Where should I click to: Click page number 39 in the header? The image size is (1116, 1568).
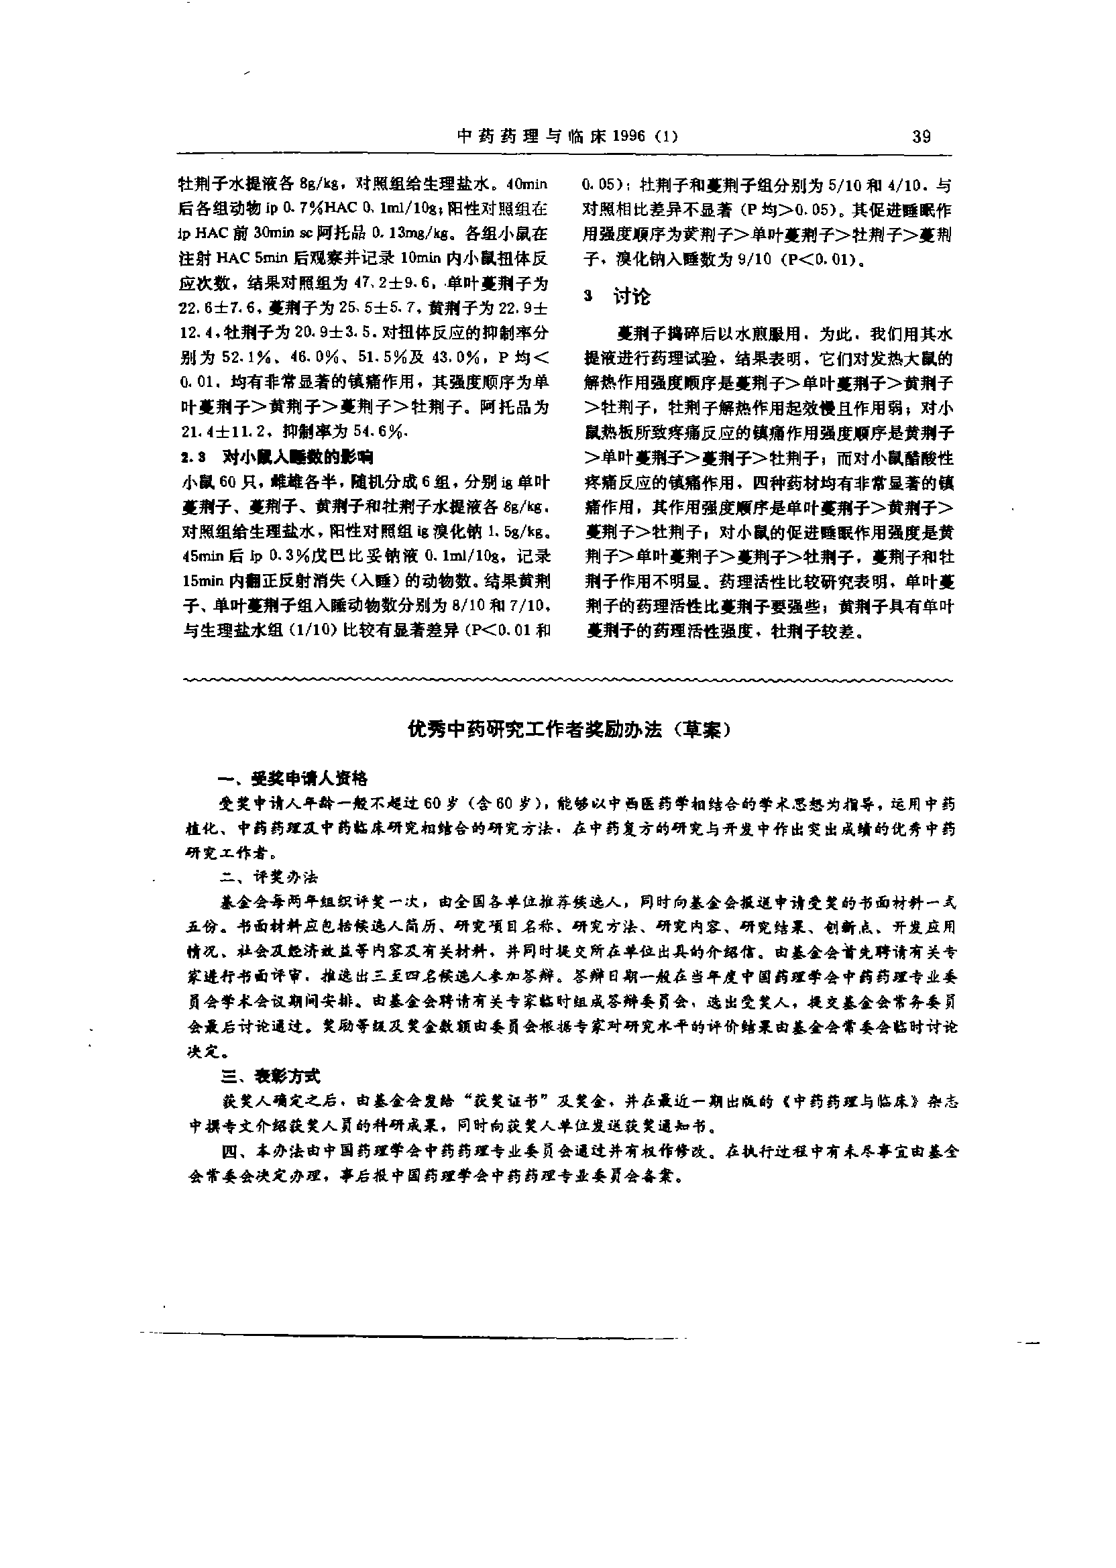(x=921, y=136)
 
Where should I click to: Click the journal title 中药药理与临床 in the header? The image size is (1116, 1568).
(x=531, y=136)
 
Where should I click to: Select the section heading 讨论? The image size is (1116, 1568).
(x=631, y=297)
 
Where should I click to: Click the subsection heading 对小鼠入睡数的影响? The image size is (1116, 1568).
(x=297, y=457)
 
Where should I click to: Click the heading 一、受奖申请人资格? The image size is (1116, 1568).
(x=292, y=779)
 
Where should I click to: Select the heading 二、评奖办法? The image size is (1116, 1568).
(x=269, y=877)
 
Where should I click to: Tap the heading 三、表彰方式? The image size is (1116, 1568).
(x=269, y=1076)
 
